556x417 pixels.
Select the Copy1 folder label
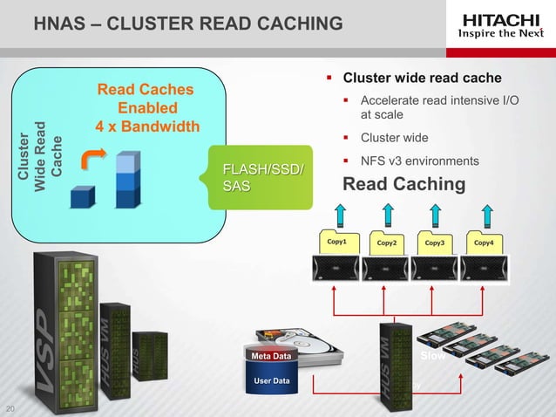point(336,242)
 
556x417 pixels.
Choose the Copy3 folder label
point(436,242)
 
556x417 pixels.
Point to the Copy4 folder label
point(485,242)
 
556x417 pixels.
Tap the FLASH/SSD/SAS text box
point(264,177)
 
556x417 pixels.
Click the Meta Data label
point(270,356)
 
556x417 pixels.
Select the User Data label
point(270,381)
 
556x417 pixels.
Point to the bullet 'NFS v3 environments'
point(419,161)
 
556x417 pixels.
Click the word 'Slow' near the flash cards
point(433,357)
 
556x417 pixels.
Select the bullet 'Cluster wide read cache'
point(423,79)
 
